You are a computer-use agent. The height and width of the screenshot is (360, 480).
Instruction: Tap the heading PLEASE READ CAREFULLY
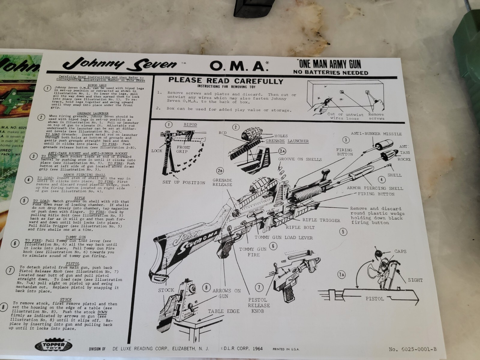point(226,81)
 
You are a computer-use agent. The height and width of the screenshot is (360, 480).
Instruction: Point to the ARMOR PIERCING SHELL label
point(375,188)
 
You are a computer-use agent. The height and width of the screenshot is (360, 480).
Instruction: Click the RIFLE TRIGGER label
point(321,220)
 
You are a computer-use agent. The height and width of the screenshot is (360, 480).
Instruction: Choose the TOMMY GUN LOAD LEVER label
point(283,237)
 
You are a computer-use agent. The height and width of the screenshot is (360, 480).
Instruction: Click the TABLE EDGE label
point(224,311)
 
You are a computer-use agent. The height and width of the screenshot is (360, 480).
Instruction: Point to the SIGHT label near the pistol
point(415,280)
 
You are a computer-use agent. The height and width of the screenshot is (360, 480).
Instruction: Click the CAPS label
point(400,251)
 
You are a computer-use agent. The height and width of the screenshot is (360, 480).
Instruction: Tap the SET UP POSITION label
point(184,182)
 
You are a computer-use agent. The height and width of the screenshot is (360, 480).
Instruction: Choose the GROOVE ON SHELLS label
point(300,159)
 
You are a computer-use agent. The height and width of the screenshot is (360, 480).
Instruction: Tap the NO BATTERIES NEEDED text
point(331,73)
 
